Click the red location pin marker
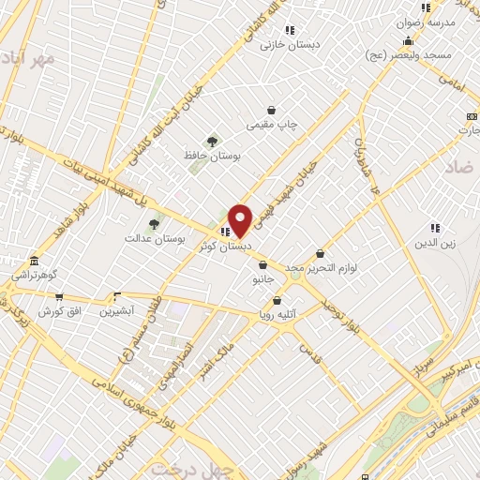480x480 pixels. point(240,220)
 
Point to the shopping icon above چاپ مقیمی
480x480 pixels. point(271,110)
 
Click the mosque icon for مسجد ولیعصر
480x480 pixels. point(408,41)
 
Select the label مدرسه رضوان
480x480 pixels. point(432,21)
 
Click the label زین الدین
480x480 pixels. point(435,243)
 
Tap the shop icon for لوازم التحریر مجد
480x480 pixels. point(321,253)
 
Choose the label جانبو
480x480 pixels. point(262,279)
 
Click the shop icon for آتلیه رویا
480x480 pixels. point(277,301)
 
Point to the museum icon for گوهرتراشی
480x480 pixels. point(34,260)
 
